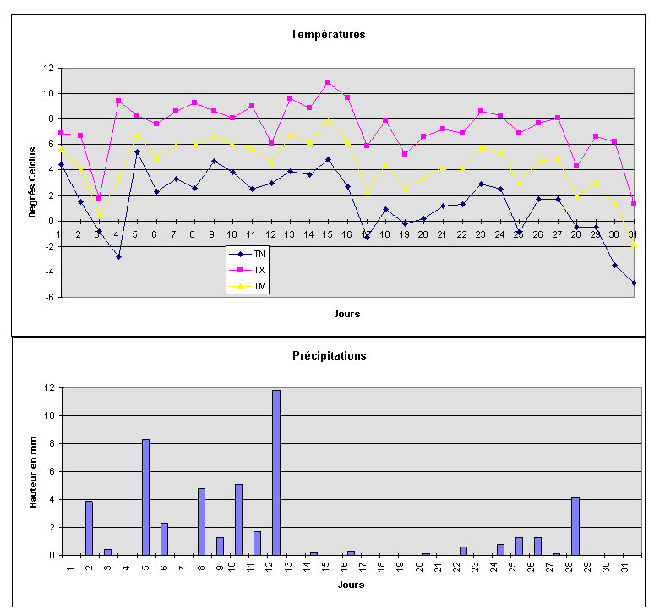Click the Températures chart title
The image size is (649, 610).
click(328, 35)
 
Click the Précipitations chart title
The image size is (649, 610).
click(328, 356)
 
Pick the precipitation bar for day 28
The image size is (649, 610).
click(575, 526)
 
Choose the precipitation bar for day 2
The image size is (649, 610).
click(89, 528)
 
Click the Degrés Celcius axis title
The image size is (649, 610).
click(33, 182)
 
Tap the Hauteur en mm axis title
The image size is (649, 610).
click(33, 470)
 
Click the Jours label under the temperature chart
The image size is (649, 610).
click(346, 314)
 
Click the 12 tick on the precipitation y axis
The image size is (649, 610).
click(50, 388)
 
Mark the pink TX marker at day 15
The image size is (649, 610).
click(328, 82)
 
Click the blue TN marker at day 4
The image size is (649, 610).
click(118, 256)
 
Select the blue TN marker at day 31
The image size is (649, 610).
click(634, 283)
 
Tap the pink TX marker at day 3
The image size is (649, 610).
click(99, 198)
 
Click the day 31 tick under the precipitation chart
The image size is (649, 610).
click(625, 567)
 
